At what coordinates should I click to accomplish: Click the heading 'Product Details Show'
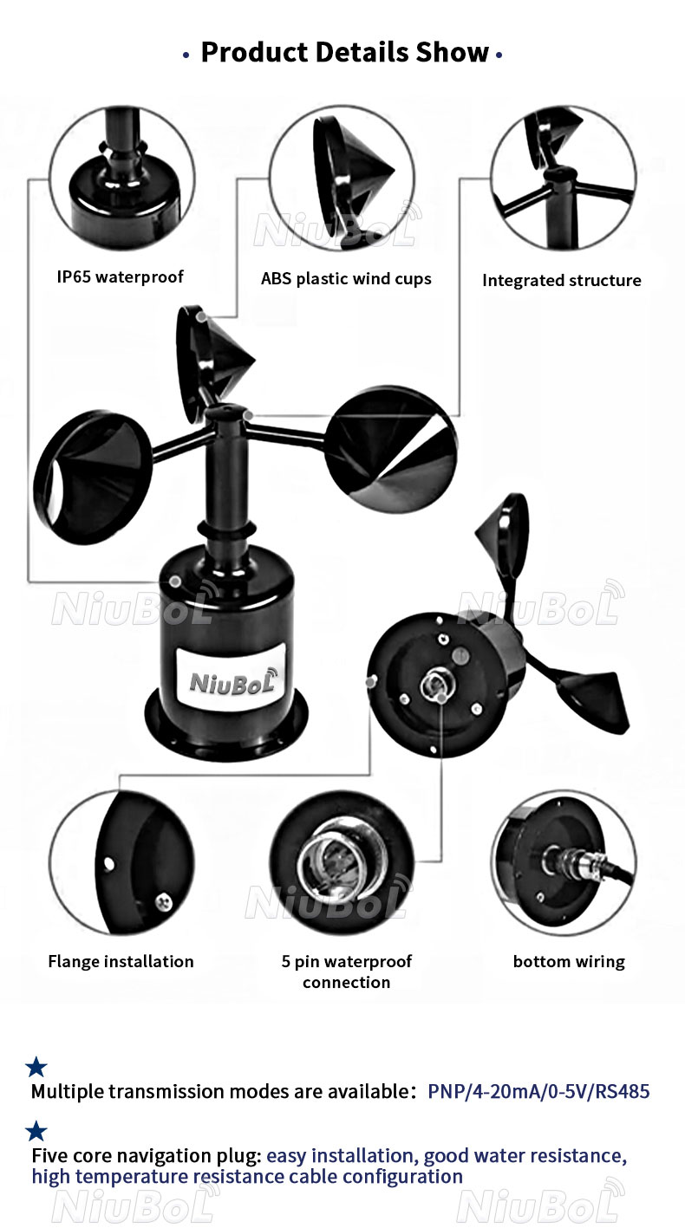344,53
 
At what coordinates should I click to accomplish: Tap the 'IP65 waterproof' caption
121,276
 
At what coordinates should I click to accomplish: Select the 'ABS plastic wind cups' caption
346,279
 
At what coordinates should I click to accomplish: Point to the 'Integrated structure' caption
562,280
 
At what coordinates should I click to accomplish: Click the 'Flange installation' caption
121,962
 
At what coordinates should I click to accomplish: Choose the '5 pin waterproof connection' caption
347,971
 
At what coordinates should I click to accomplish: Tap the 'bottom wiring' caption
569,962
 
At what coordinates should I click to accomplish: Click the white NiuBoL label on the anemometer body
231,679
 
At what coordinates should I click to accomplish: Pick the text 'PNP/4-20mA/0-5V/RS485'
538,1091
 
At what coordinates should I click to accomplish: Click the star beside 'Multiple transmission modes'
36,1067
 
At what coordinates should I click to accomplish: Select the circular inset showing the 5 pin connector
342,863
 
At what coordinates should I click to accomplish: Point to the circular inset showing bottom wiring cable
564,863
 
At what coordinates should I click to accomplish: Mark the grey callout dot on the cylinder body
174,582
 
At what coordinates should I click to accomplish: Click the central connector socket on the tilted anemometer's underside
434,685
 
